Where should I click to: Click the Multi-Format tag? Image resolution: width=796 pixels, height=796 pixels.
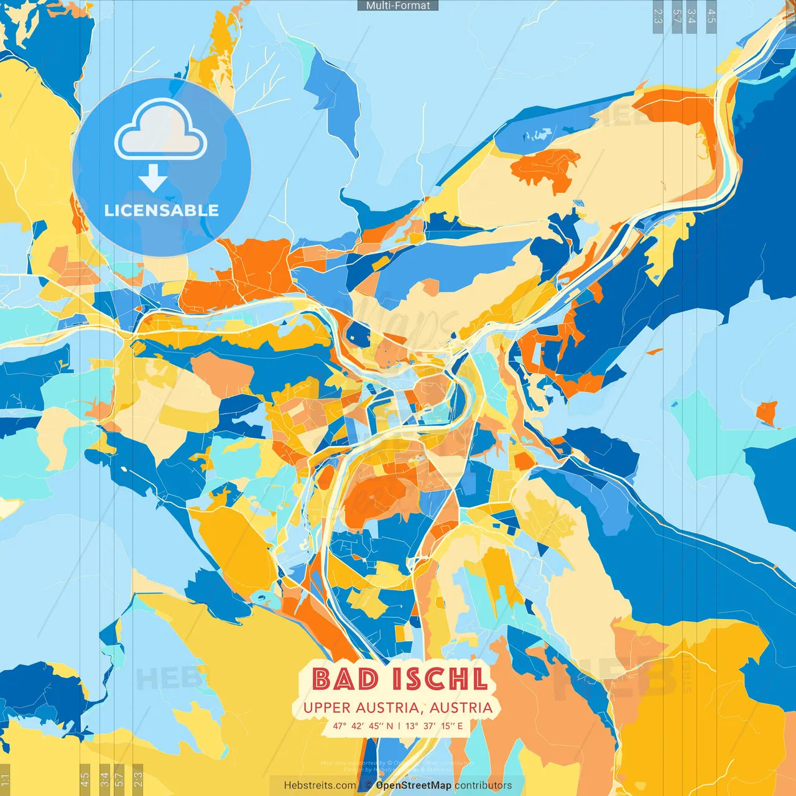click(x=397, y=6)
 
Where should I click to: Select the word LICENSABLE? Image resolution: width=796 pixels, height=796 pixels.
click(x=162, y=210)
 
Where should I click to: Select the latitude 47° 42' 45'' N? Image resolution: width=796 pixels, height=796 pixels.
click(x=363, y=726)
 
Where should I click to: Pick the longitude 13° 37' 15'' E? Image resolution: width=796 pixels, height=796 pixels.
click(x=434, y=726)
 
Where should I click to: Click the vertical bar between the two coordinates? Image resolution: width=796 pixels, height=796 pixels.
click(x=399, y=726)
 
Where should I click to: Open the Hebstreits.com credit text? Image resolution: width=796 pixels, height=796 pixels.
click(x=320, y=785)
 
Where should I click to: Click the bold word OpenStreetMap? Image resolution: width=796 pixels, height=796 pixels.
click(x=413, y=785)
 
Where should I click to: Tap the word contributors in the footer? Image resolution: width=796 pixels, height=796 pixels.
click(x=483, y=785)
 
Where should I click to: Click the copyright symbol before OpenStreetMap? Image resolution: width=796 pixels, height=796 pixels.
click(x=368, y=785)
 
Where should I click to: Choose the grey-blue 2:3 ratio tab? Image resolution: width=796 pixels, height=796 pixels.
click(x=657, y=16)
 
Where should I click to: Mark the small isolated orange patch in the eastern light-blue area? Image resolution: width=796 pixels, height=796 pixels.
click(x=767, y=412)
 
